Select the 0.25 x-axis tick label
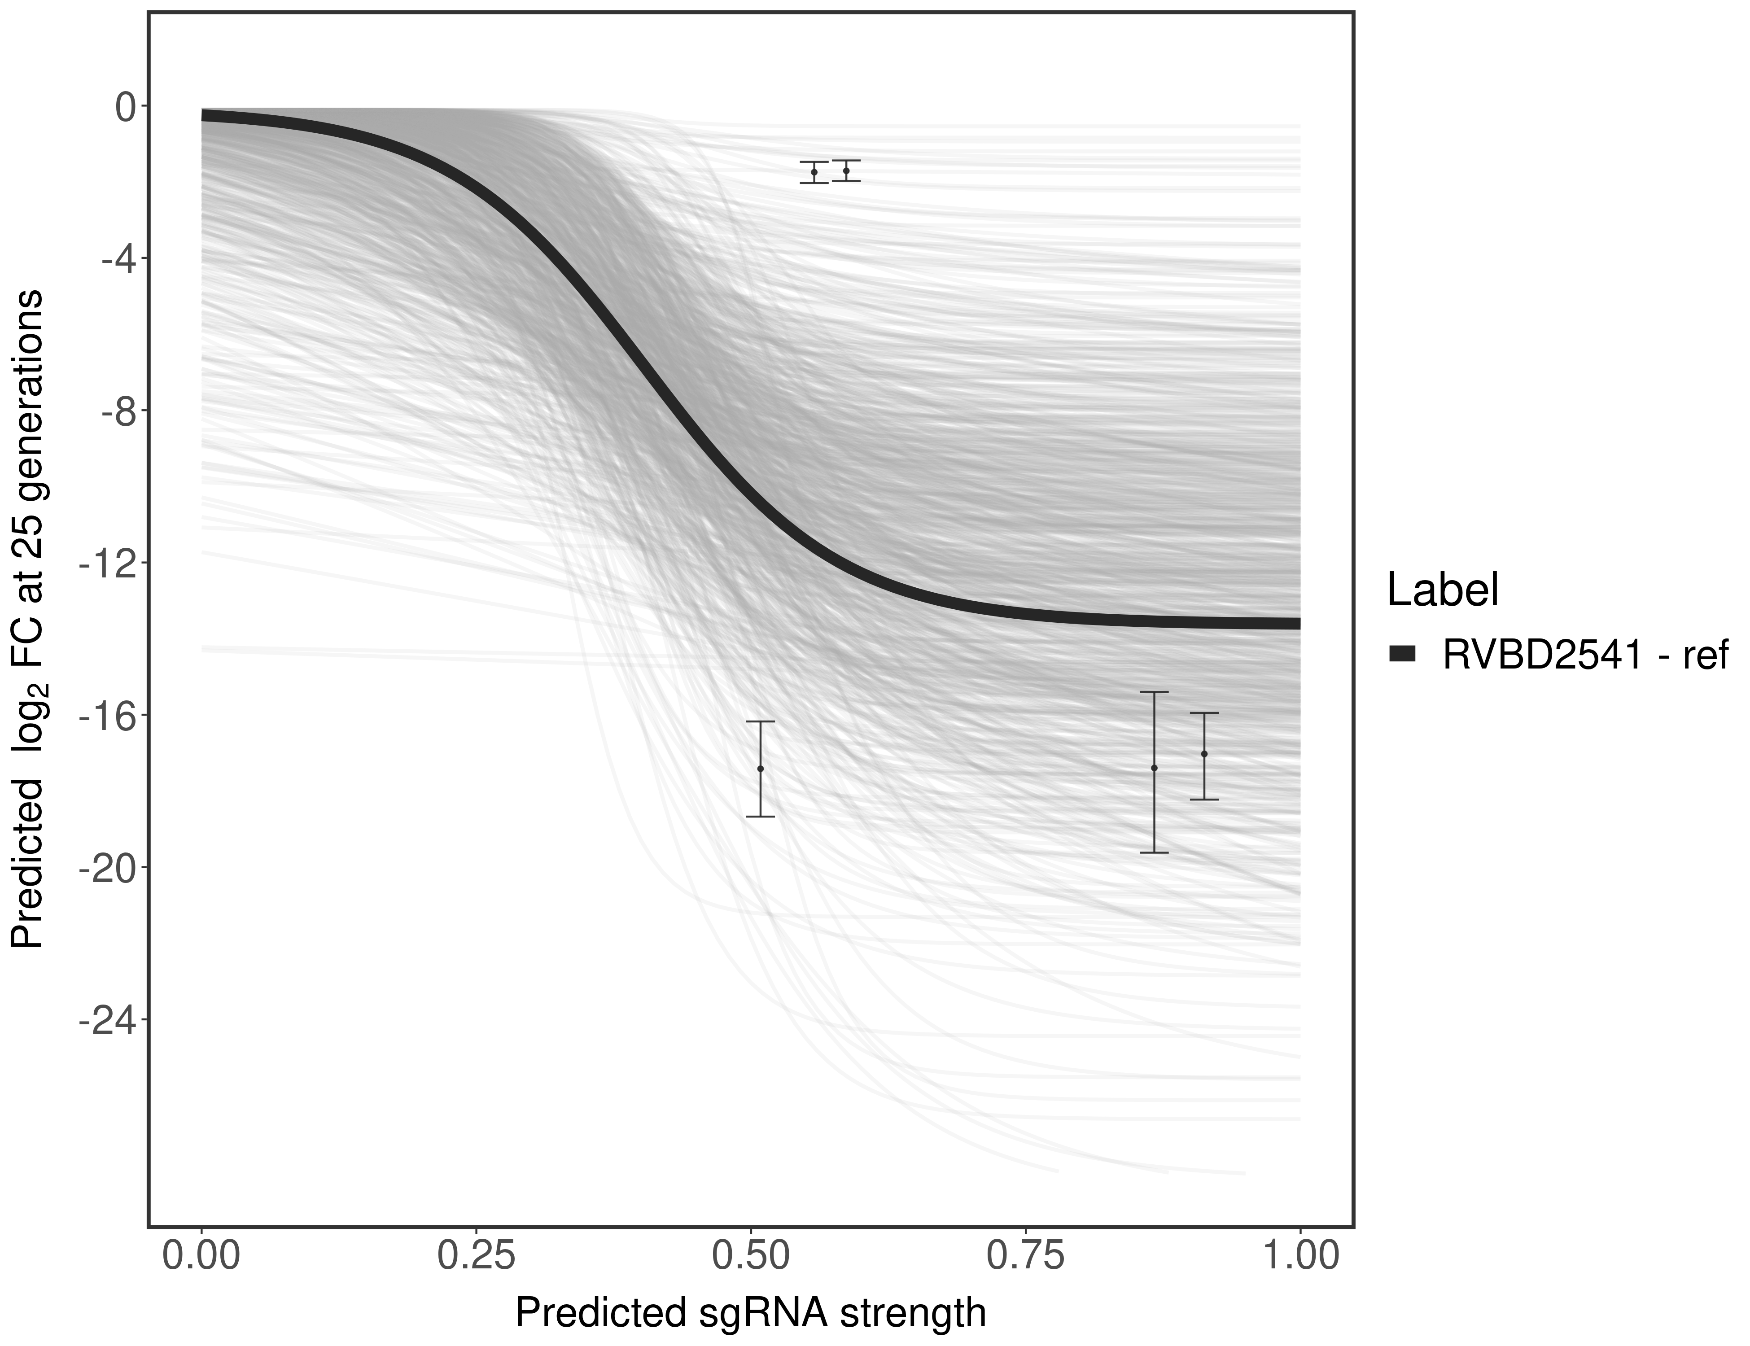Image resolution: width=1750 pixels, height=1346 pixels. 476,1255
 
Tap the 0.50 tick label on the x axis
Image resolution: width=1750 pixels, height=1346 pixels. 751,1255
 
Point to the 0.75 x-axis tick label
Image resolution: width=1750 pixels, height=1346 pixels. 1026,1255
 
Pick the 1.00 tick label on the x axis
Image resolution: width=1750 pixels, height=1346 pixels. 1299,1255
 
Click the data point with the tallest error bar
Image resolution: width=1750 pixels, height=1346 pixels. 1154,768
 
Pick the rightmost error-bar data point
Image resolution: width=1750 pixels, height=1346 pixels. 1204,754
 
